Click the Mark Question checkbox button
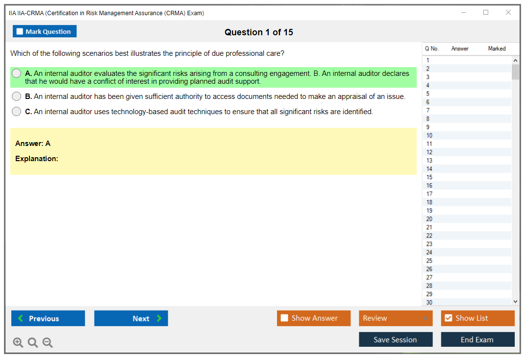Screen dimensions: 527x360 coord(44,31)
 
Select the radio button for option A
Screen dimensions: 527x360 coord(17,73)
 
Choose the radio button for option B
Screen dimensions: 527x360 coord(17,96)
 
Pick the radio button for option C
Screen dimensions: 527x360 coord(17,112)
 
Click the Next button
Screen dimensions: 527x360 coord(131,318)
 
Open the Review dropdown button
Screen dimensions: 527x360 coord(396,318)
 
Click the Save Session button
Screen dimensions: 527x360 coord(396,339)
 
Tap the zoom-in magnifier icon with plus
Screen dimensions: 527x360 coord(18,342)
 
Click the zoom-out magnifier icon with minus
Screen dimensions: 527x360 coord(48,342)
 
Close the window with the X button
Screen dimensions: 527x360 coord(508,12)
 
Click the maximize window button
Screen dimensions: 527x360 coord(486,12)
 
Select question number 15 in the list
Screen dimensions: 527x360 coord(429,177)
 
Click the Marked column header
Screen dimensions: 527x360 coord(497,48)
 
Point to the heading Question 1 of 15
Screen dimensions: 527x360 coord(259,32)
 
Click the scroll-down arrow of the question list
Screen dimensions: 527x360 coord(516,302)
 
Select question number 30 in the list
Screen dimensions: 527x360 coord(429,302)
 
